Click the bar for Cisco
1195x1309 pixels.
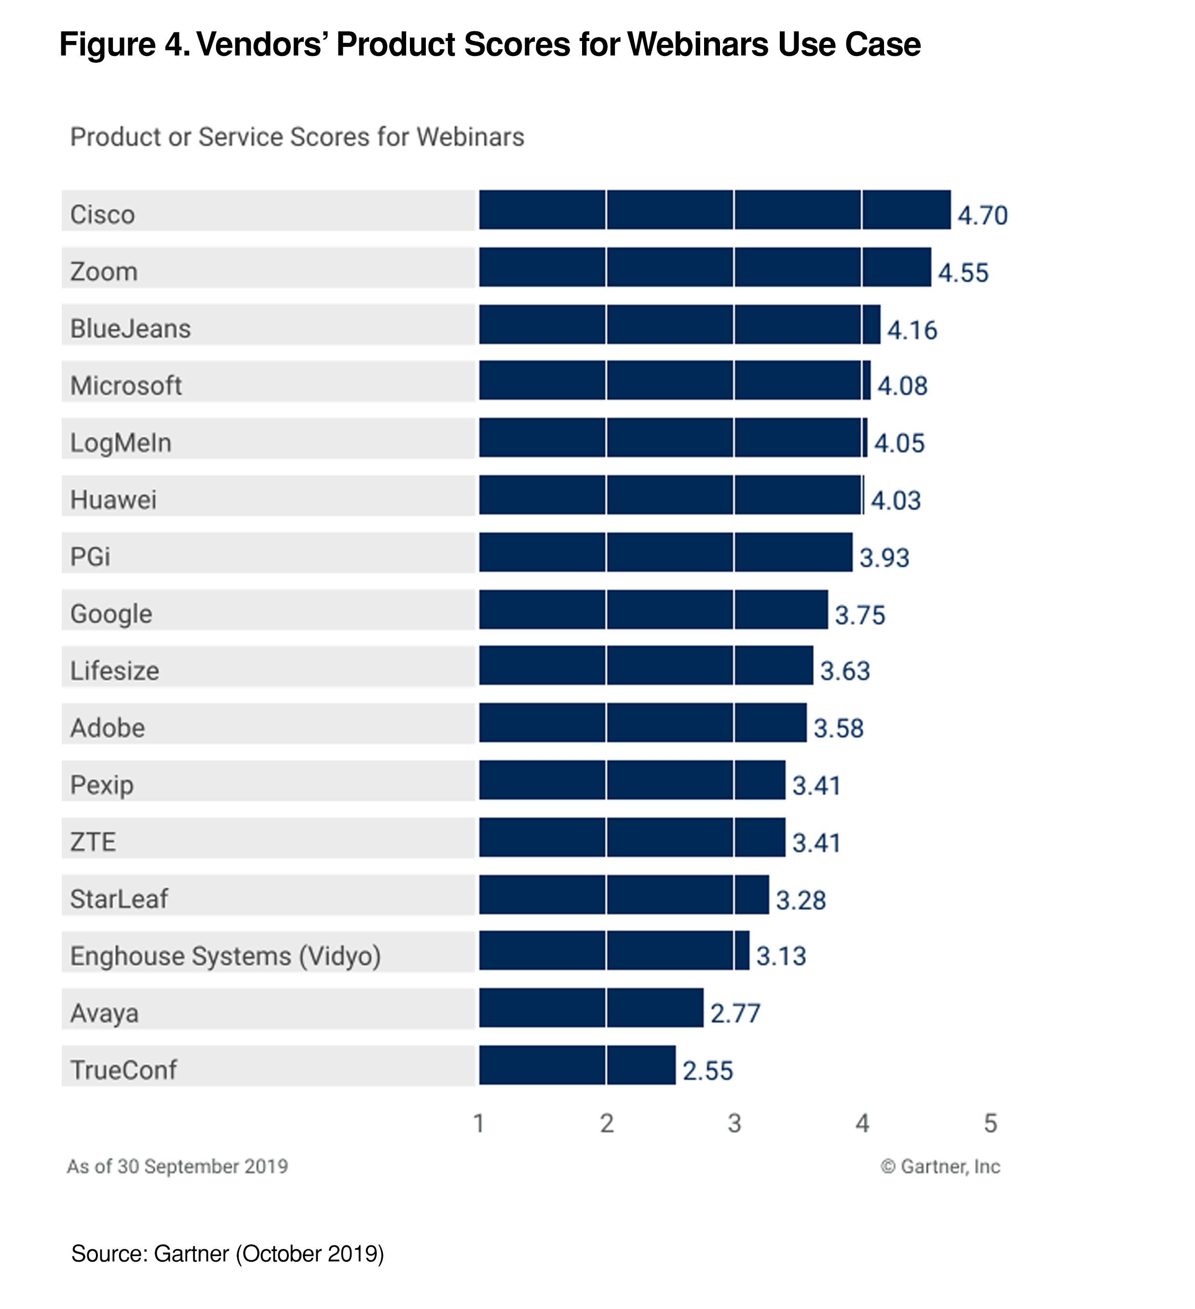point(714,210)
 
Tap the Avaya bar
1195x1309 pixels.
point(591,1008)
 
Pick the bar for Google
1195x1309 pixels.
point(653,609)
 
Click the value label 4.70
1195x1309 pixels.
point(982,216)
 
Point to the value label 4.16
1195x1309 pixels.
point(912,330)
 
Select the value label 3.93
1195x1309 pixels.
point(884,558)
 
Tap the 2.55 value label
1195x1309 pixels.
point(707,1071)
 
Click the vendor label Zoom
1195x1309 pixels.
point(104,272)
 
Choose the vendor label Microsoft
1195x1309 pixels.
point(126,386)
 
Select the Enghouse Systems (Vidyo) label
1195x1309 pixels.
point(225,956)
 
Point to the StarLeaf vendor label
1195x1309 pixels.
point(119,898)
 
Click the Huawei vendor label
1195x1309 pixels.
point(114,500)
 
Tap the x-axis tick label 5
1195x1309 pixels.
point(990,1123)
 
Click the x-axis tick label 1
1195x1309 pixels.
point(479,1123)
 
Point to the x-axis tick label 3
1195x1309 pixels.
point(734,1123)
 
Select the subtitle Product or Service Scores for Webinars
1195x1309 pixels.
point(297,137)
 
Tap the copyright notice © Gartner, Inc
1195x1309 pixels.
point(940,1166)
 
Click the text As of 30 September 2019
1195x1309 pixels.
point(177,1166)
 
